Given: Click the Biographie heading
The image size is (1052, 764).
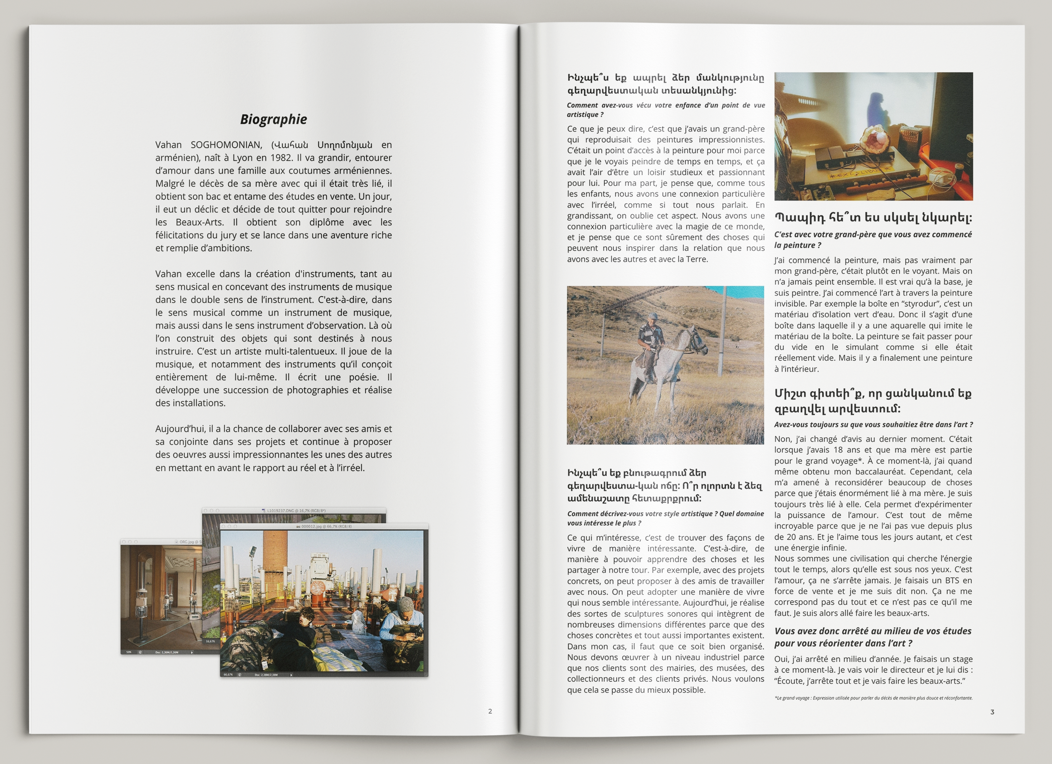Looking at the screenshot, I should coord(273,119).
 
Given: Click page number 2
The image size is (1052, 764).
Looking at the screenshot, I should coord(490,711).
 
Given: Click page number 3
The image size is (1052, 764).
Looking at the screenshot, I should coord(992,712).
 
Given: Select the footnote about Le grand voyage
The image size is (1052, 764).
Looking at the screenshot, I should coord(873,698).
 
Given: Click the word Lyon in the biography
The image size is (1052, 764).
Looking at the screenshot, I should coord(243,158).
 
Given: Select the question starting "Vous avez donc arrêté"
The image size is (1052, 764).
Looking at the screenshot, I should coord(872,637).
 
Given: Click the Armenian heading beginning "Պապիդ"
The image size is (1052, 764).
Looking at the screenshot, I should coord(873,217).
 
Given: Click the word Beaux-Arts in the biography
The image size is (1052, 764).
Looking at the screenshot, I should coord(200,222).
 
